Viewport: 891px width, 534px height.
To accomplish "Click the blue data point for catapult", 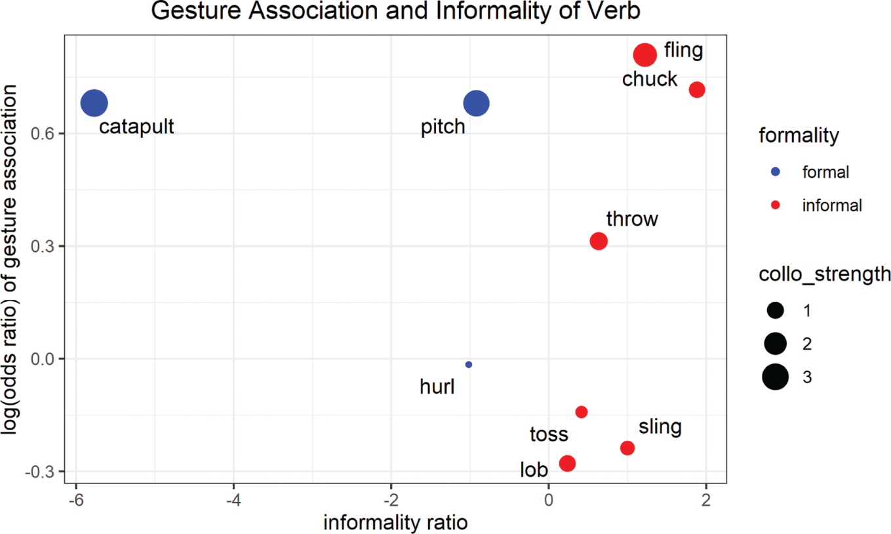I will pos(94,103).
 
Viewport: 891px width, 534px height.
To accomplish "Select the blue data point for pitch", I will pos(476,103).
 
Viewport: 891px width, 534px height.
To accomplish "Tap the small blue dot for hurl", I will pos(468,365).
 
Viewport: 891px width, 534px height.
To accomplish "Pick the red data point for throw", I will pos(599,241).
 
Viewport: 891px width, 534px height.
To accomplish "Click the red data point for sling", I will pos(627,448).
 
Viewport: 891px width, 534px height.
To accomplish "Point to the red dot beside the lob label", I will pos(567,463).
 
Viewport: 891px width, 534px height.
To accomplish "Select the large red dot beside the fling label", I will pos(645,54).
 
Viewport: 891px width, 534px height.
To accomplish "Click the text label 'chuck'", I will pos(649,79).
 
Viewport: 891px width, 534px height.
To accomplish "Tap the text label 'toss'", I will pos(549,434).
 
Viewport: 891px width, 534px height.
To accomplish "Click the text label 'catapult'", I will pos(136,126).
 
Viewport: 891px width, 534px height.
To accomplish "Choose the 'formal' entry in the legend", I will pos(825,172).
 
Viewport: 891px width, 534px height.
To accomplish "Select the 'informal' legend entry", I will pos(831,205).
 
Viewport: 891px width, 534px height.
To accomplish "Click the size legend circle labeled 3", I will pos(775,377).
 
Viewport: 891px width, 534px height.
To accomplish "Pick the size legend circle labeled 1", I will pos(775,310).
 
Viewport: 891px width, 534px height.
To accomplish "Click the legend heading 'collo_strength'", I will pos(824,274).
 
